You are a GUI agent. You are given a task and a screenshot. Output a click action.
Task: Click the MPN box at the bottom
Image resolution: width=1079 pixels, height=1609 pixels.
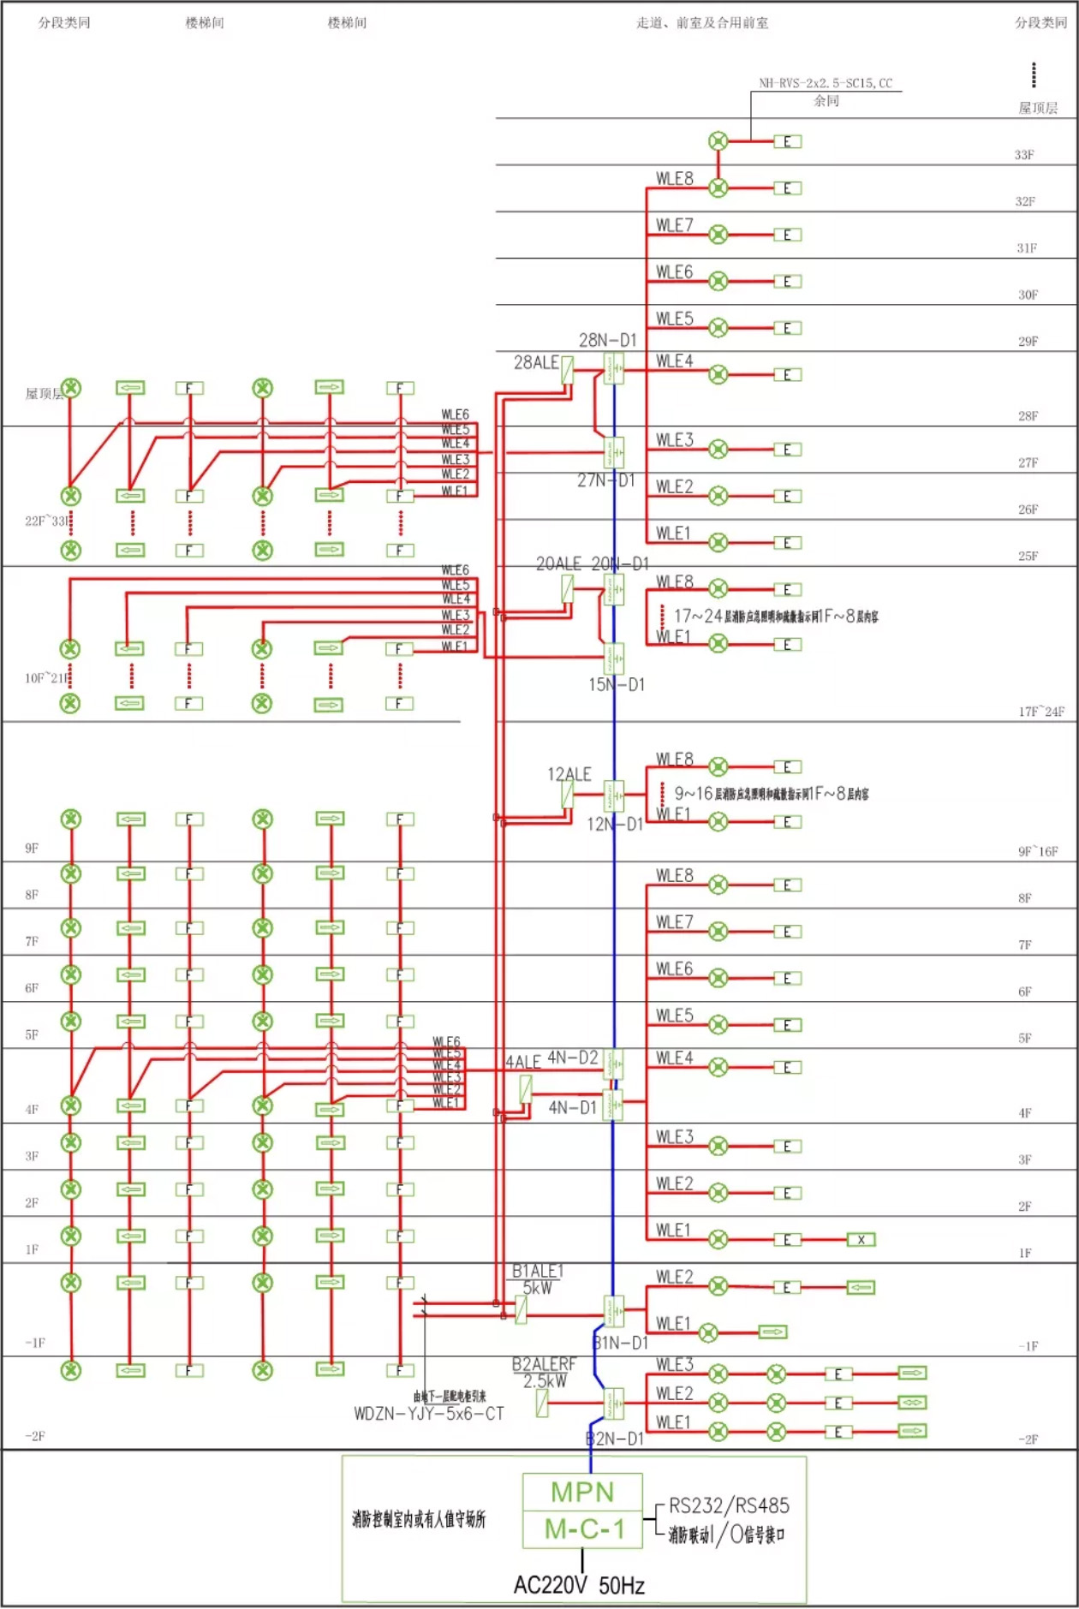point(582,1493)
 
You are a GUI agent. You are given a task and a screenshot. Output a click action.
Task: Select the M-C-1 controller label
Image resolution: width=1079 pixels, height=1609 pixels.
point(584,1529)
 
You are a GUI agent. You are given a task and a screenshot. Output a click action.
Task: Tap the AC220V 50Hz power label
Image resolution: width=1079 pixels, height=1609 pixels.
point(579,1586)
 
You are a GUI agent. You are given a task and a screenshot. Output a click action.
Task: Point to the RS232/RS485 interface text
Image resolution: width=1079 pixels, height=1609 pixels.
point(729,1506)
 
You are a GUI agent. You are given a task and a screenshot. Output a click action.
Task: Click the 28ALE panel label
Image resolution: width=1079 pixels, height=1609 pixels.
point(536,363)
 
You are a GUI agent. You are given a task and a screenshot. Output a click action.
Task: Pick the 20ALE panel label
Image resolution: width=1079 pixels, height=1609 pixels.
point(558,564)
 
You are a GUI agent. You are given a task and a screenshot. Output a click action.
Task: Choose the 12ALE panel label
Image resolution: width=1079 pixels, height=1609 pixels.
point(569,774)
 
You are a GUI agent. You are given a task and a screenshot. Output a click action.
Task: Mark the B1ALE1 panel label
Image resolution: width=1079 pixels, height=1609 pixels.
point(538,1271)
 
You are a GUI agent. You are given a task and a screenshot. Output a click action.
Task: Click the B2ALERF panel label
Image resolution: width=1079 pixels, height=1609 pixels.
point(545,1364)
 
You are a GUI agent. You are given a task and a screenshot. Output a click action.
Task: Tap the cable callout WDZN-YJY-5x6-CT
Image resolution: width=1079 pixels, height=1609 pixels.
point(429,1414)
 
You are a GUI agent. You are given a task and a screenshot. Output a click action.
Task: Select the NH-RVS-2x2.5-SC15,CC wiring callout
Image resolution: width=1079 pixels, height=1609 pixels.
point(826,83)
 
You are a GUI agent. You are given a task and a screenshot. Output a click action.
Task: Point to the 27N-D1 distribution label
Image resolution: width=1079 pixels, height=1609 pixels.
point(606,480)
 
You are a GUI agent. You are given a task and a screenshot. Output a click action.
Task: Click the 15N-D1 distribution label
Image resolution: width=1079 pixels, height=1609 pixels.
point(617,685)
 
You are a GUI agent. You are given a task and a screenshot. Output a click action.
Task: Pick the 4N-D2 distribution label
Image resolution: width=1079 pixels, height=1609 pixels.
point(573,1058)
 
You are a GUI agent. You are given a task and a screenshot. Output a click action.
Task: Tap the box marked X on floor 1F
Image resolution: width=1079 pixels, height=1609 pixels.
point(861,1240)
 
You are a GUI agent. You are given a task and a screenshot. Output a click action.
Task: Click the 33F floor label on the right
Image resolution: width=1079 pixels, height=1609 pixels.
point(1024,155)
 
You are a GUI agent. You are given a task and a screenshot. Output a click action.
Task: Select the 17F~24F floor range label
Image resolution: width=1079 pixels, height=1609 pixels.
point(1041,712)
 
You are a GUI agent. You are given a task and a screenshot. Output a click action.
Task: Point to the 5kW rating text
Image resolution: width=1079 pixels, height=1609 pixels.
point(538,1288)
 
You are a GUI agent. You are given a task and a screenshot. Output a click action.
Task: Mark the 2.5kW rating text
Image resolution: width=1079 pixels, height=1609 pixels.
point(545,1381)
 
